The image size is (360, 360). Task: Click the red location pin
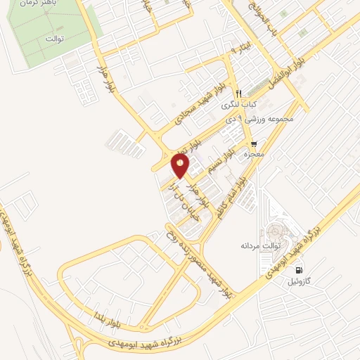tap(181, 166)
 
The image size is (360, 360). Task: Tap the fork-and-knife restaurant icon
tap(240, 94)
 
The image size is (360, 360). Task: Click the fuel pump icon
tap(301, 270)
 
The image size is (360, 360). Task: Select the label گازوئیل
tap(302, 281)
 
